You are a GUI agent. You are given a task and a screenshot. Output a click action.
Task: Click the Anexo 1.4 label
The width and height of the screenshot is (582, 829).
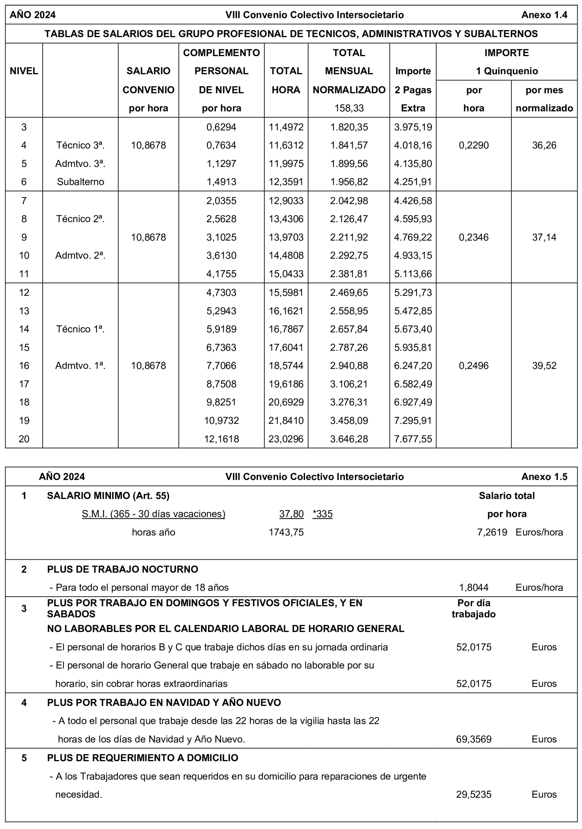pos(544,15)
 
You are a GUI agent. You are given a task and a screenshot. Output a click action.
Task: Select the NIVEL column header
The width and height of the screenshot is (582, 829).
pos(24,71)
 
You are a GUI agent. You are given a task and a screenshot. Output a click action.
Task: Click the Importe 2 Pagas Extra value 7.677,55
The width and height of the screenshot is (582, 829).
pos(413,439)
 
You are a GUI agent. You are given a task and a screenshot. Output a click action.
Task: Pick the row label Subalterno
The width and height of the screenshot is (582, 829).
pos(80,182)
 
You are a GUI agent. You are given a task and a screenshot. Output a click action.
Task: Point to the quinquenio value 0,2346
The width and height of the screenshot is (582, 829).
pos(473,237)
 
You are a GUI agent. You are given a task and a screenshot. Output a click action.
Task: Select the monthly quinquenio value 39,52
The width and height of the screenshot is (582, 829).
pos(544,366)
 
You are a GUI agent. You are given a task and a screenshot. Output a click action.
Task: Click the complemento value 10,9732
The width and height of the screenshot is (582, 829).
pos(221,420)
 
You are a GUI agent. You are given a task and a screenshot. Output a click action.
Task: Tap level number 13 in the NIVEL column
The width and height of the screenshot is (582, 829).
pos(24,311)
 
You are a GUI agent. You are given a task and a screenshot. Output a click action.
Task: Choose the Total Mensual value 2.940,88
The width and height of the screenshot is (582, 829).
pos(349,366)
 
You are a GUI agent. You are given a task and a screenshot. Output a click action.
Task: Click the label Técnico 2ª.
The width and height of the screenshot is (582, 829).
pos(80,219)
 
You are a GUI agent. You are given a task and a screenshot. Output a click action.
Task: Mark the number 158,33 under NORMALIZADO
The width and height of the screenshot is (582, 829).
pos(349,108)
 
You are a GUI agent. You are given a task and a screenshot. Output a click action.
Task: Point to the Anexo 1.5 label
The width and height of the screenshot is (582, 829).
pos(544,477)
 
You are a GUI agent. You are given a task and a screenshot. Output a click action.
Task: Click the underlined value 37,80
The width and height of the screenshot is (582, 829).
pos(291,514)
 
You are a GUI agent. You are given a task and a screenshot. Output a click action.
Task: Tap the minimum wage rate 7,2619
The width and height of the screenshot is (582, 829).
pos(492,532)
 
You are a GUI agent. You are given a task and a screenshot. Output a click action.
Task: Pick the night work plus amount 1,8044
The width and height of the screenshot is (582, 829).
pos(473,587)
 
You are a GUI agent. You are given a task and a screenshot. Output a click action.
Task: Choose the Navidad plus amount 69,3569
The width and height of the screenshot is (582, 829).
pos(473,739)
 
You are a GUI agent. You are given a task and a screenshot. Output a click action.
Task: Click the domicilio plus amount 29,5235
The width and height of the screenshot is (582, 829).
pos(473,794)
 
